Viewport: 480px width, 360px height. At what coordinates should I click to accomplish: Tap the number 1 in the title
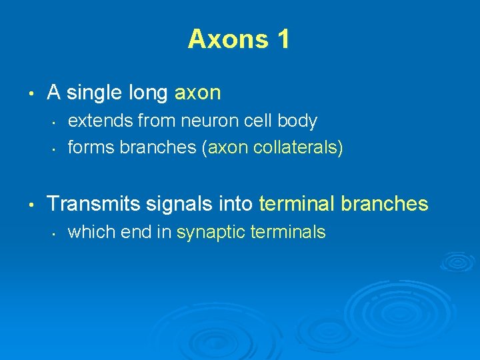point(283,39)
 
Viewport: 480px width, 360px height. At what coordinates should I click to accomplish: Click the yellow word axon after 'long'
point(197,93)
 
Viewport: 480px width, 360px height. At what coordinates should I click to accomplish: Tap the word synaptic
point(207,232)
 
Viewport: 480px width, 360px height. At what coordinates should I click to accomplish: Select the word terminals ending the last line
point(284,232)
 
